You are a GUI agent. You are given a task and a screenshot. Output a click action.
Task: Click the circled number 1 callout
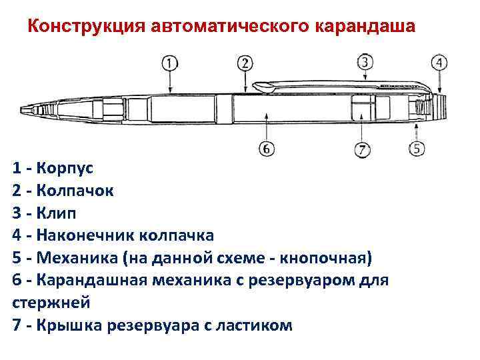[x=170, y=63]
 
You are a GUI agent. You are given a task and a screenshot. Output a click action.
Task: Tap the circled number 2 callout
[x=245, y=63]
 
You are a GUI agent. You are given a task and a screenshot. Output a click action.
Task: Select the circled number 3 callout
[x=365, y=62]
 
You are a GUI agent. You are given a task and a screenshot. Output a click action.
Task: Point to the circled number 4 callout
[x=439, y=63]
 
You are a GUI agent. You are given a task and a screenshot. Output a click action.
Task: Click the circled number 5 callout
[x=417, y=148]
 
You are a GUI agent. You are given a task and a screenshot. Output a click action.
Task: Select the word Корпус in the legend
[x=67, y=168]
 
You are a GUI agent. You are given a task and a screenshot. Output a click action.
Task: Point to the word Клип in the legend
[x=57, y=213]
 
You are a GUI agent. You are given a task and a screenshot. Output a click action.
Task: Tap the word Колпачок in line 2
[x=75, y=191]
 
